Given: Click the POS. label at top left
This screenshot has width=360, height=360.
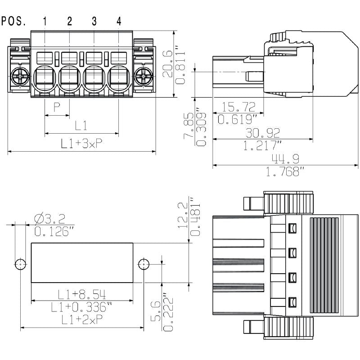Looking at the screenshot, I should pos(13,21).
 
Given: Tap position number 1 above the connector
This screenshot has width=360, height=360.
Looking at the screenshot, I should pos(45,21).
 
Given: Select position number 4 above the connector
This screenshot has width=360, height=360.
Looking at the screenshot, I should pos(119,21).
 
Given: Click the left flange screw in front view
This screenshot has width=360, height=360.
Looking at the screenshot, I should pos(21,77).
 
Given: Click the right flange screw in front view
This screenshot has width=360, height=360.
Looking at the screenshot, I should pos(144,77).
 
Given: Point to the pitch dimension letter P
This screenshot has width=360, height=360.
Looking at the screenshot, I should pos(57,107).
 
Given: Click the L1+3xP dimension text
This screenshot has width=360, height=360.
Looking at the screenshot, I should pos(81,144).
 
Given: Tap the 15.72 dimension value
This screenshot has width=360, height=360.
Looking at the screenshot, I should pos(238,107).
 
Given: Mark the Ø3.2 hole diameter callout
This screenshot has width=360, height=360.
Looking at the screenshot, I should pos(50,219).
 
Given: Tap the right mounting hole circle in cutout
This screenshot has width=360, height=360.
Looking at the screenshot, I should pos(144,264).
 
